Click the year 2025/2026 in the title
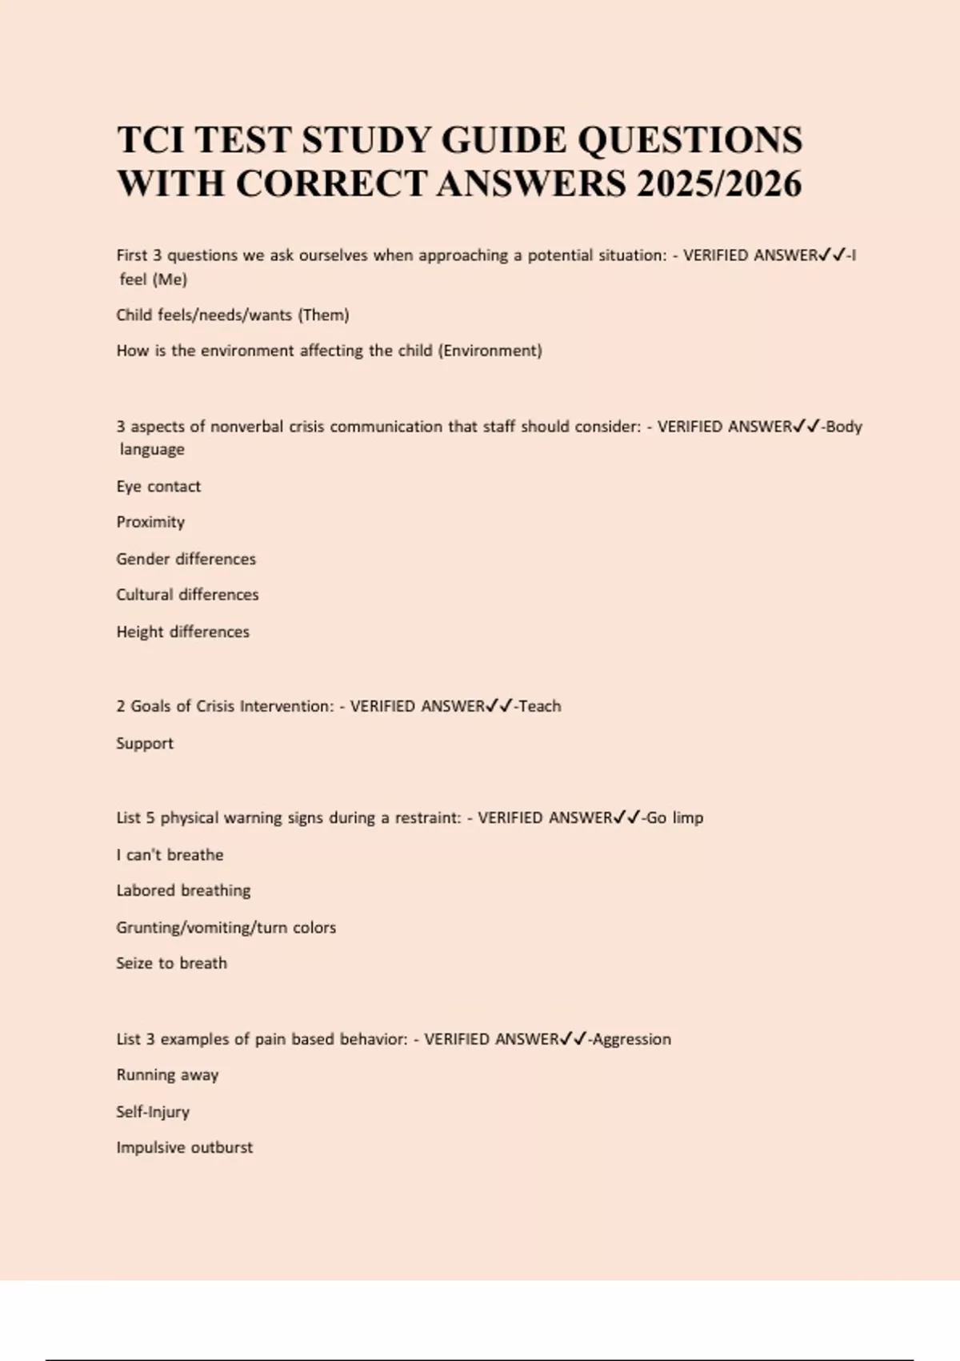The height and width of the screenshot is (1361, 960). (x=719, y=184)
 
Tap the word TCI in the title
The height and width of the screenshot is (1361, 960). (x=151, y=140)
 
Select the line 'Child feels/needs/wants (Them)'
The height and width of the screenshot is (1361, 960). (x=233, y=315)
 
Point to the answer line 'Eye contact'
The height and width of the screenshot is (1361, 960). (x=158, y=486)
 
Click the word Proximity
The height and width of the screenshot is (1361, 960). (x=150, y=522)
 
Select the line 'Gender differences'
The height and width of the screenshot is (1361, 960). (x=186, y=559)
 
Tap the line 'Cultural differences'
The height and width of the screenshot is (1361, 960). (x=187, y=595)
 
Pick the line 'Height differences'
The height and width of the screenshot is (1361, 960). (x=182, y=632)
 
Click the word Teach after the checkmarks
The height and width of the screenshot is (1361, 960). (x=540, y=706)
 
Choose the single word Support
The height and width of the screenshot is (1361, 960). (x=145, y=743)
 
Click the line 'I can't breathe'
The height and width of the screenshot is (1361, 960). (x=170, y=854)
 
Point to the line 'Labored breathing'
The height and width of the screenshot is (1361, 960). (x=183, y=890)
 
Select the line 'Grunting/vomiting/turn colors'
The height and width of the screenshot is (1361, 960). (x=226, y=927)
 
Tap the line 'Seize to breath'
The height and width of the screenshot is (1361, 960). (x=171, y=963)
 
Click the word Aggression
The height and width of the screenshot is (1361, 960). (x=631, y=1039)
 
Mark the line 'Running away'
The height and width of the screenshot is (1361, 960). (x=167, y=1074)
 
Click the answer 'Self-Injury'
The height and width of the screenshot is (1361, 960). (x=153, y=1111)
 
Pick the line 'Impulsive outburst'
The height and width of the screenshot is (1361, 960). (x=184, y=1147)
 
